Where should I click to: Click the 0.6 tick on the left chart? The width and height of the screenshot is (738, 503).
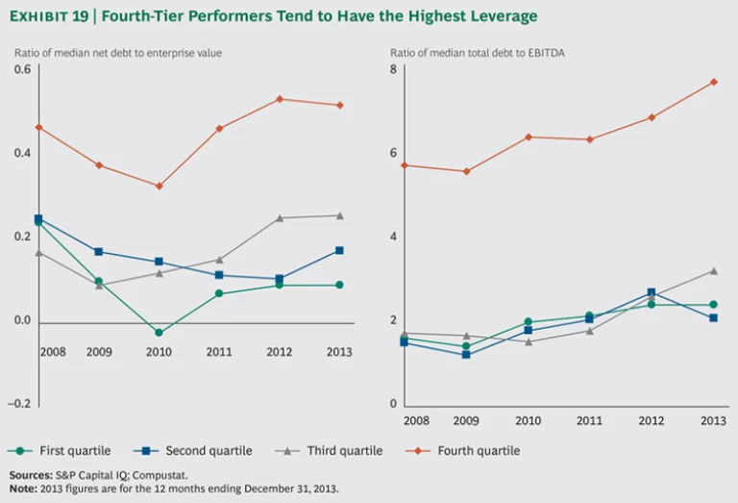point(21,69)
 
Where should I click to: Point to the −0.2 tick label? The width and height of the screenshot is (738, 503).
point(19,404)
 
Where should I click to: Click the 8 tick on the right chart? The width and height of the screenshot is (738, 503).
point(393,69)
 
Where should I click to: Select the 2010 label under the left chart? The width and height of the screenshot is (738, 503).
point(158,352)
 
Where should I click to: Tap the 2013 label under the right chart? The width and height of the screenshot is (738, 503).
point(713,420)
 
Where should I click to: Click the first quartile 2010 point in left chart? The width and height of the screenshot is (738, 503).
point(159,333)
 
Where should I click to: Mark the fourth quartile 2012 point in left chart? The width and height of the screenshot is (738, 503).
point(280,99)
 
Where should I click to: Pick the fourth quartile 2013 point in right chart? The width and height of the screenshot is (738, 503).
point(713,82)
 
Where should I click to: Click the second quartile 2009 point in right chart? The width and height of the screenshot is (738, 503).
point(465,355)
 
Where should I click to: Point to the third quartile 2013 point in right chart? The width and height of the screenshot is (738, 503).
point(713,270)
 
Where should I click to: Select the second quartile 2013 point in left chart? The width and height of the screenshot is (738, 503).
point(339,250)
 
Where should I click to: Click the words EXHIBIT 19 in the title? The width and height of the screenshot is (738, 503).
point(49,16)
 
